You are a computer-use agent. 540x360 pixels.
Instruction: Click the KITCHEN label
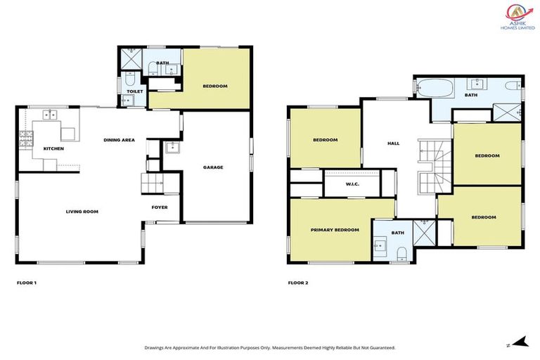53,149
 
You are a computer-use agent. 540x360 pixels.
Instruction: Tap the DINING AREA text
119,140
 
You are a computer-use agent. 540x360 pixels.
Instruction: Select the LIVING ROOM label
82,211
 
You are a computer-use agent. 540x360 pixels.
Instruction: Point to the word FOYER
160,207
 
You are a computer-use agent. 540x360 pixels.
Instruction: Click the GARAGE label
213,167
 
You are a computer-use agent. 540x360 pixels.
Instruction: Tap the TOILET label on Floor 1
134,91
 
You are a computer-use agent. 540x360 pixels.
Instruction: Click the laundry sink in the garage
172,148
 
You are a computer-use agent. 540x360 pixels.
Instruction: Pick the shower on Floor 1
130,59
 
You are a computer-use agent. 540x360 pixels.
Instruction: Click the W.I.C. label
352,185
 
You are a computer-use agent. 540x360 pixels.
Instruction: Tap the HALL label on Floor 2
393,143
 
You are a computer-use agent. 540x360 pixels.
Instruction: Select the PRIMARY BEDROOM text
335,230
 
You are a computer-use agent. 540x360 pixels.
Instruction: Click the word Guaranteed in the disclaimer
379,347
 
